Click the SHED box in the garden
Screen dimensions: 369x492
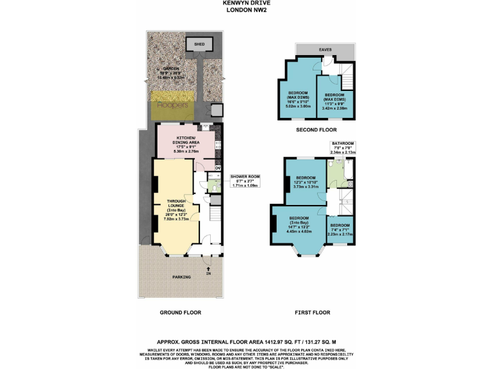pos(195,44)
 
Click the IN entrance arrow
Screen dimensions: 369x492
pos(208,272)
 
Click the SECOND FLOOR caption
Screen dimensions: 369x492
pos(317,130)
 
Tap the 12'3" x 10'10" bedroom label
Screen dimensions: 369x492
pos(306,181)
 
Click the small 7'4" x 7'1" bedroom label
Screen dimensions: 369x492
pos(340,230)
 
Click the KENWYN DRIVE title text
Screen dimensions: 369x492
pos(245,3)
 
